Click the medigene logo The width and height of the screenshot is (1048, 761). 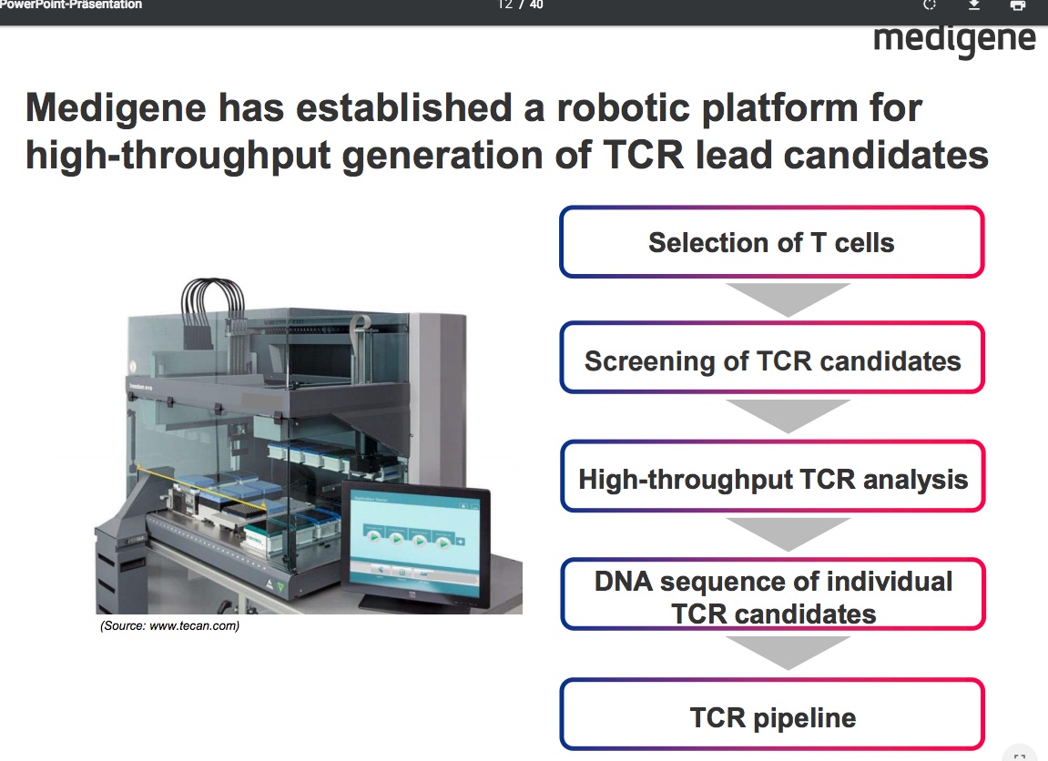[954, 39]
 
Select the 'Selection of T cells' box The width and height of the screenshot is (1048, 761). [771, 242]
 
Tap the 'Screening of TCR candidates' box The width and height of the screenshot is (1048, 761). [771, 360]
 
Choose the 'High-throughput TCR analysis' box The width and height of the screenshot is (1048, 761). [771, 478]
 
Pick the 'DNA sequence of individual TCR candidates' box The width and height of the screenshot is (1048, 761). [771, 596]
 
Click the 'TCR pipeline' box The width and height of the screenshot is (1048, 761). [771, 716]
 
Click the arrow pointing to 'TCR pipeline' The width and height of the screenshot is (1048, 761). [787, 653]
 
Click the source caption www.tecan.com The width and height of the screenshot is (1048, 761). [169, 626]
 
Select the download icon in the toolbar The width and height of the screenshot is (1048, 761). [974, 5]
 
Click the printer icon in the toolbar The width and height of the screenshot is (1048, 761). [1018, 5]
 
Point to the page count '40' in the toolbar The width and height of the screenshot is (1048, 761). [536, 5]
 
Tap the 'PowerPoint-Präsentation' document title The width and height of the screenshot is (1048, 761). [71, 5]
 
